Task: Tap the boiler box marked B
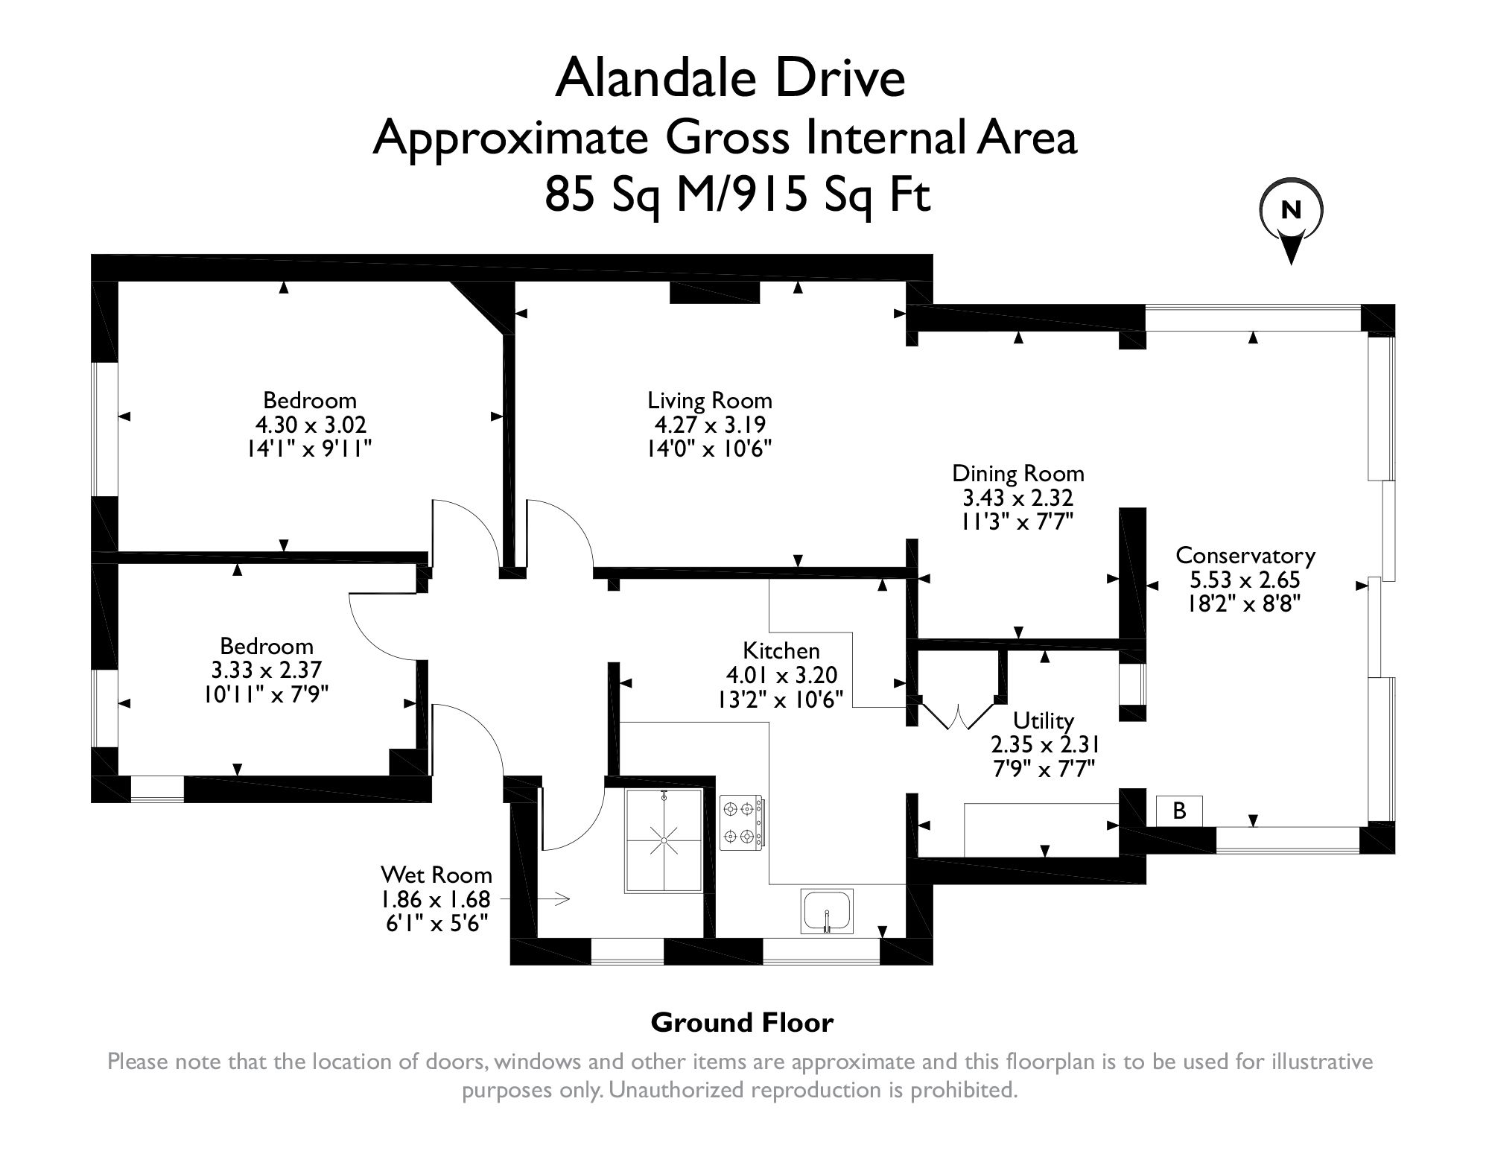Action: coord(1178,811)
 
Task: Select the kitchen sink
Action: coord(827,910)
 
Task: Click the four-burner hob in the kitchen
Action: coord(742,822)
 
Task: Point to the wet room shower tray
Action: coord(664,840)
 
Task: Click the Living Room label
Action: coord(709,401)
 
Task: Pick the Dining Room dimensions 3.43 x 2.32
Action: coord(1017,498)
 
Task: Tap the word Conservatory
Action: coord(1245,556)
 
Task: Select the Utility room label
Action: coord(1044,720)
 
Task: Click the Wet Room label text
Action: coord(436,874)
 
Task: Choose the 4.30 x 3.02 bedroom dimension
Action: coord(311,425)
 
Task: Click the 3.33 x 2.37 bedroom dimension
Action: coord(266,670)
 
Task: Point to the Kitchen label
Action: coord(781,650)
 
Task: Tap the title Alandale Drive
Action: coord(730,79)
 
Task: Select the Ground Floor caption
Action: coord(742,1023)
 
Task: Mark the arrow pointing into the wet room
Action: coord(553,899)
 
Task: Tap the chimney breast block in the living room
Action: coord(714,292)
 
